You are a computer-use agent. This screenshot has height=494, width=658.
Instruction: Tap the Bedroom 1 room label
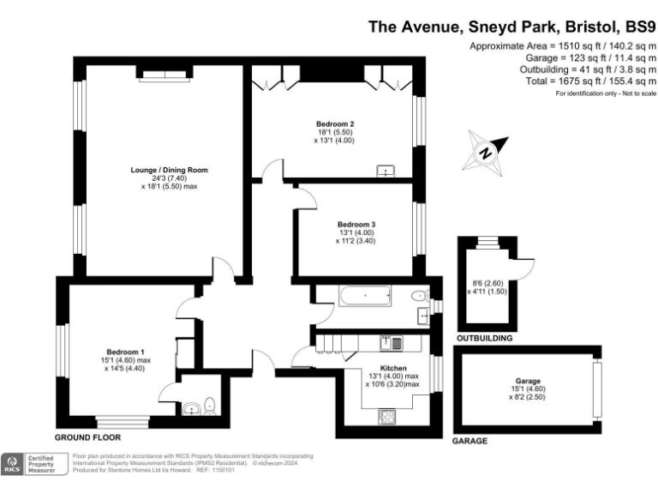click(125, 352)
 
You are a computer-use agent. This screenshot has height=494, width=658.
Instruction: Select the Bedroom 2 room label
click(335, 123)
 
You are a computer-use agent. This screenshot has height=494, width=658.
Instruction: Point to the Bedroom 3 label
click(356, 225)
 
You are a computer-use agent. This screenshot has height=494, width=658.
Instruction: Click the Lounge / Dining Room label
click(163, 170)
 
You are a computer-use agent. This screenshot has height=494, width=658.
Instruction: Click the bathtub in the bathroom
click(365, 298)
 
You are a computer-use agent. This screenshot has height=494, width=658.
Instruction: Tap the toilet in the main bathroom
click(418, 297)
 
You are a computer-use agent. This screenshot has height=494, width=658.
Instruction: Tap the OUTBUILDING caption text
click(485, 339)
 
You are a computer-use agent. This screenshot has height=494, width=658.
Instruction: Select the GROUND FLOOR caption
click(88, 437)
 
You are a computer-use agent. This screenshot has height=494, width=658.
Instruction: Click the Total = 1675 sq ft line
click(580, 80)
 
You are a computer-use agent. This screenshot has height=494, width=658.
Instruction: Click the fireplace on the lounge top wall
click(164, 77)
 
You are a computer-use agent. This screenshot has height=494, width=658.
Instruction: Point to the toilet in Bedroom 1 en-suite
click(212, 407)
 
